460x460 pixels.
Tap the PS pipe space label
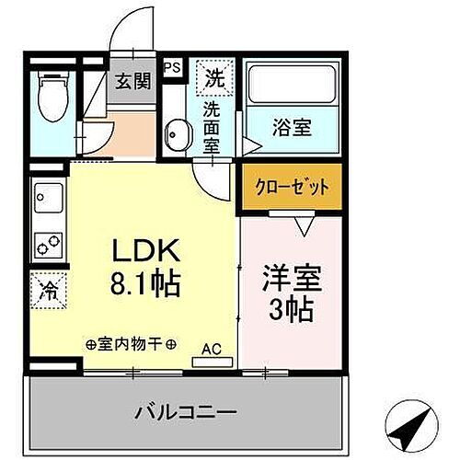point(172,67)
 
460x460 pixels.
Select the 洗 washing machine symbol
point(213,78)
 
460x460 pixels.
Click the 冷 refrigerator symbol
point(46,291)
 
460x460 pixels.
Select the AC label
point(211,349)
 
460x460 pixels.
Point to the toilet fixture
point(51,98)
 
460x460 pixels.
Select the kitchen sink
point(47,196)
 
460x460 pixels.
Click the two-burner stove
point(47,244)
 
